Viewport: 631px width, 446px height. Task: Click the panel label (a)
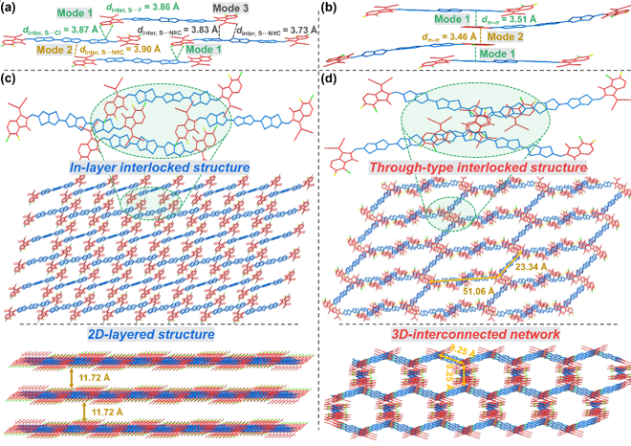pyautogui.click(x=11, y=9)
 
